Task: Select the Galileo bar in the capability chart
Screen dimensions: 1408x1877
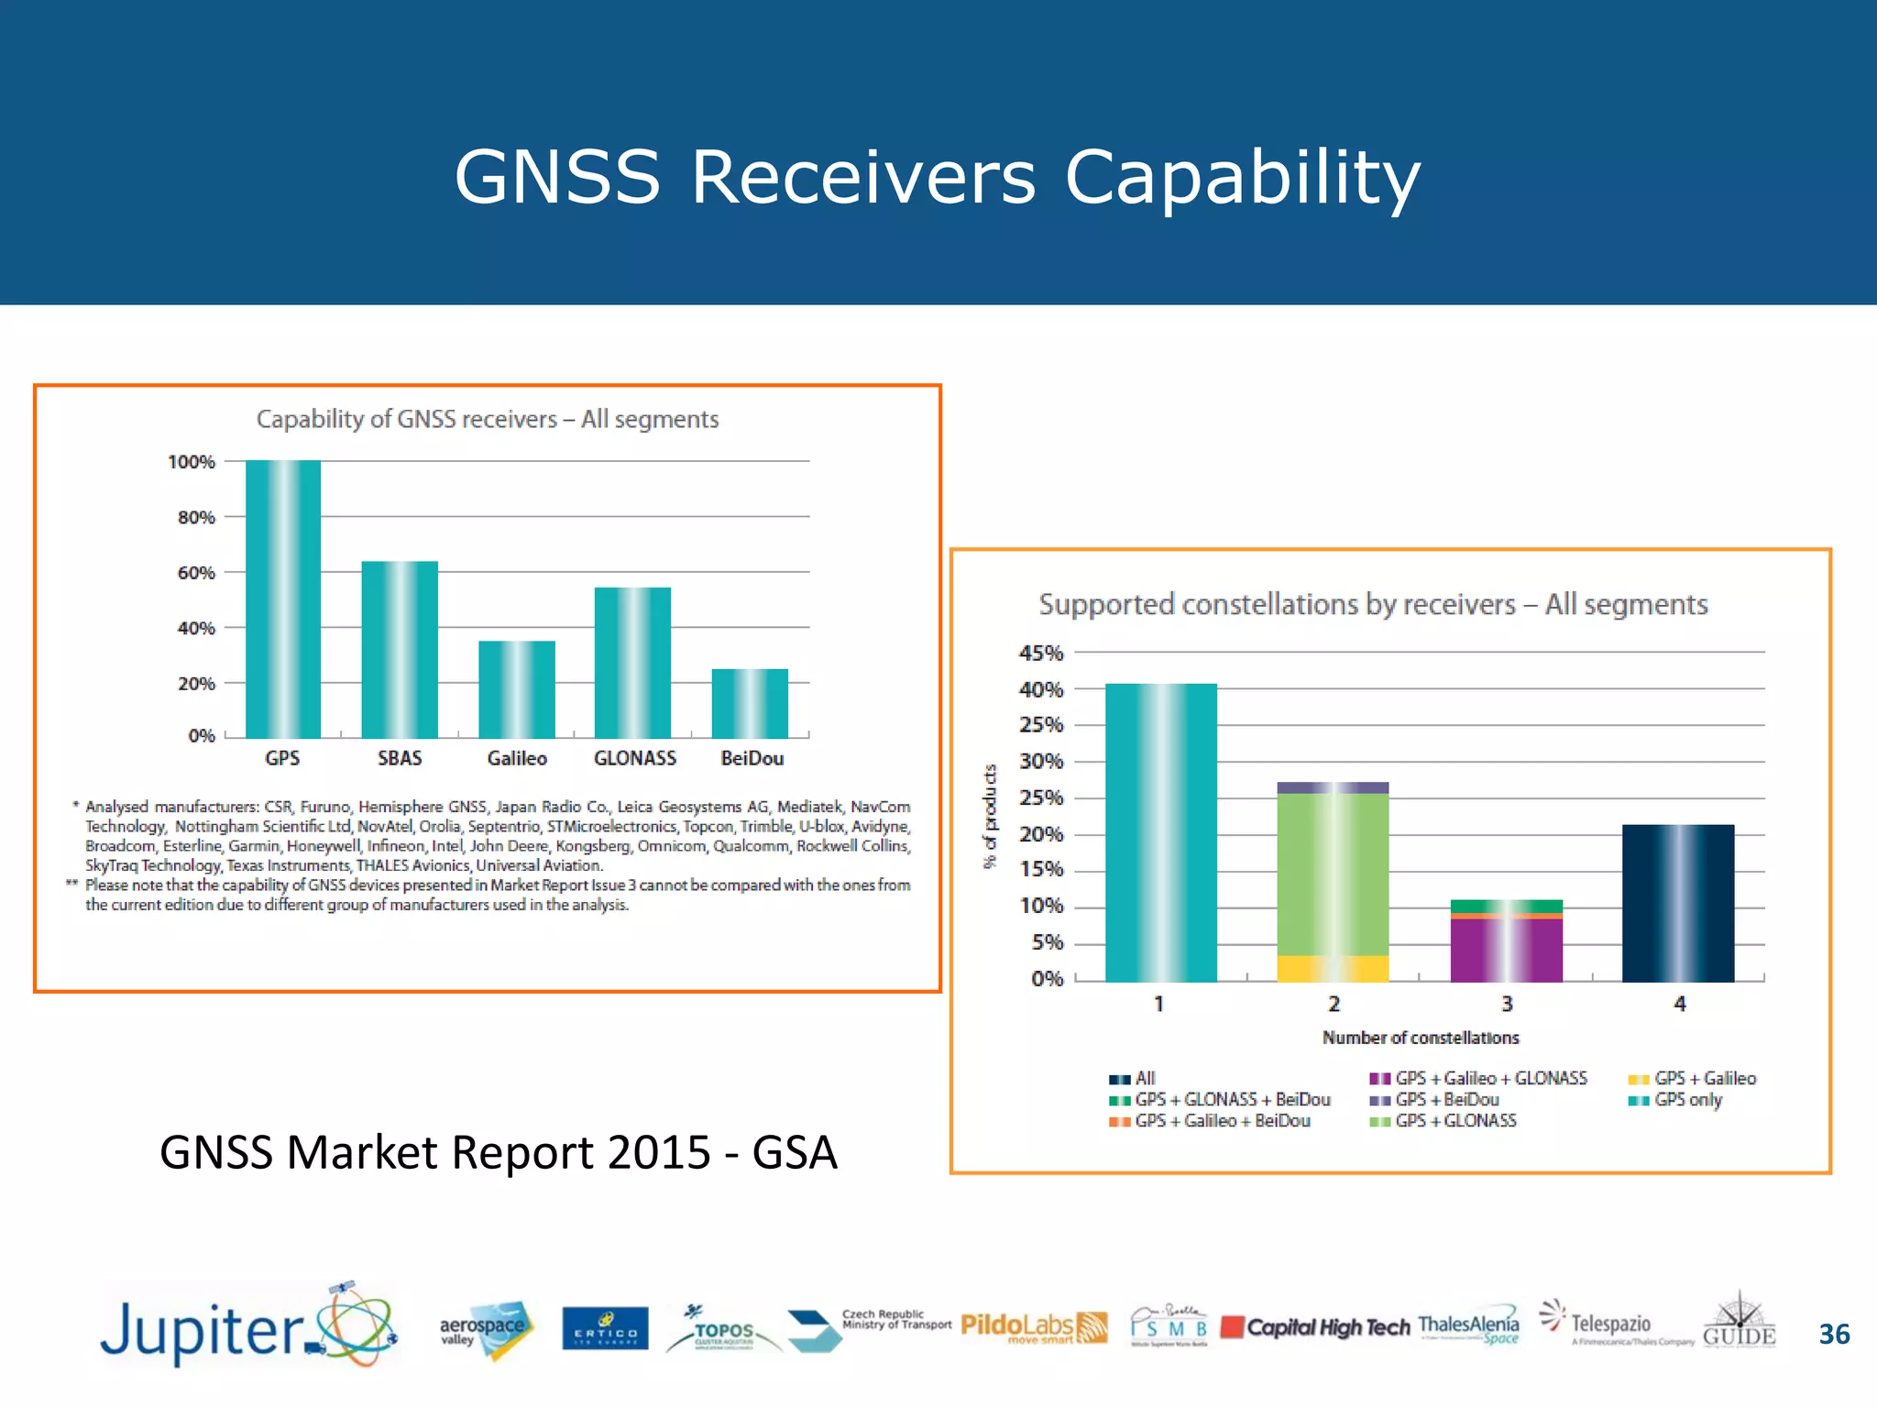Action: (x=517, y=689)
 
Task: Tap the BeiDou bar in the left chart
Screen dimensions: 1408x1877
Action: (x=750, y=703)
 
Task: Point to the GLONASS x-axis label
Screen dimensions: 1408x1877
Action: (x=634, y=758)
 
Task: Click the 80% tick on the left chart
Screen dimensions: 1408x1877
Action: (x=196, y=518)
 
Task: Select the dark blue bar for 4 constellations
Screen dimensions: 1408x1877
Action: (x=1678, y=903)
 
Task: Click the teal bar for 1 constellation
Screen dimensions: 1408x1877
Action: (x=1161, y=832)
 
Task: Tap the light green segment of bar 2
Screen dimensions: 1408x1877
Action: (x=1333, y=874)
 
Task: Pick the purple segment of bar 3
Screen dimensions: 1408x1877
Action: (x=1506, y=950)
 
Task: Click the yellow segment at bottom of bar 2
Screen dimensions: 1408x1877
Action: (x=1333, y=968)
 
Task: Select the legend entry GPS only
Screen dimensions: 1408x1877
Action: (x=1687, y=1100)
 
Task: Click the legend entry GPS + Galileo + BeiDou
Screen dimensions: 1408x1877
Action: (x=1222, y=1121)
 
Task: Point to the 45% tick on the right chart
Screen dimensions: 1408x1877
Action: (x=1041, y=653)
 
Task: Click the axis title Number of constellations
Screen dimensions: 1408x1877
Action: (x=1420, y=1038)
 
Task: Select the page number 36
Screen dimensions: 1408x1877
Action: (x=1834, y=1334)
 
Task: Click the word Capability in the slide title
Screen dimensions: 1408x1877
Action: (x=1242, y=177)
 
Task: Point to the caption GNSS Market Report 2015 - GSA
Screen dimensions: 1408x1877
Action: (x=498, y=1152)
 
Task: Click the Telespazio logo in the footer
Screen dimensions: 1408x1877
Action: (x=1609, y=1325)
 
